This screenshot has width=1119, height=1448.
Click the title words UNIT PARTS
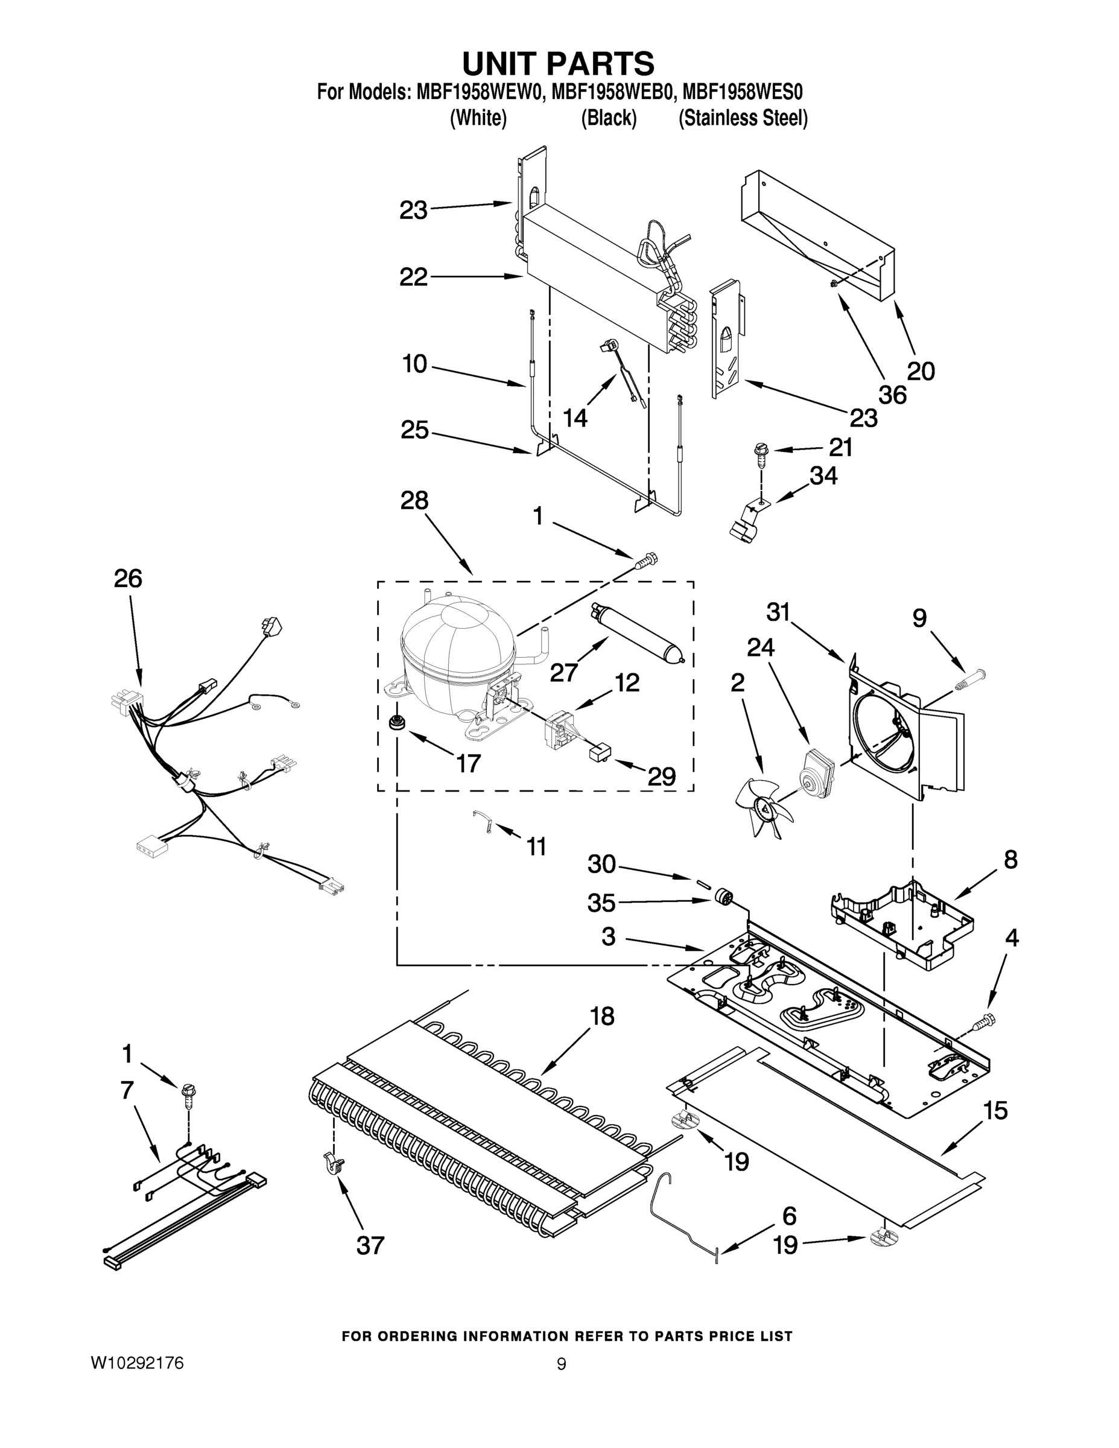[558, 65]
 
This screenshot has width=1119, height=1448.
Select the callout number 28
[414, 501]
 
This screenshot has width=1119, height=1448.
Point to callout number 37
[370, 1246]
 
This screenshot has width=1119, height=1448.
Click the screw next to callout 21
[758, 454]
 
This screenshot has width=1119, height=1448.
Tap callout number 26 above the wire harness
[128, 579]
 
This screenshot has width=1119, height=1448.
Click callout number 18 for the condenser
[602, 1017]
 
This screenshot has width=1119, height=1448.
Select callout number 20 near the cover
[920, 371]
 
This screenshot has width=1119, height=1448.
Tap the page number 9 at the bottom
[561, 1364]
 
